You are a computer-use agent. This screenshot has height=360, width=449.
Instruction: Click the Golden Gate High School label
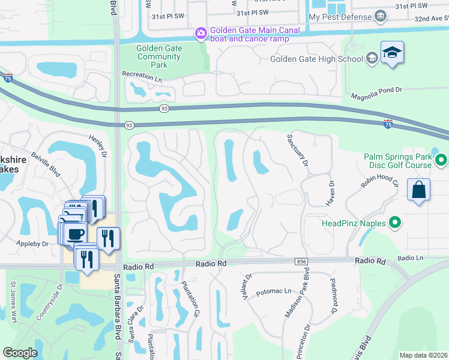(x=317, y=59)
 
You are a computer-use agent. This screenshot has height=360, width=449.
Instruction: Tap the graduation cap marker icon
(x=392, y=53)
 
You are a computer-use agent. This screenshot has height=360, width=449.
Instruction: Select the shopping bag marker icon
(x=418, y=190)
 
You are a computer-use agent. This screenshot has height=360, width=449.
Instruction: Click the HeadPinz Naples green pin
(x=395, y=223)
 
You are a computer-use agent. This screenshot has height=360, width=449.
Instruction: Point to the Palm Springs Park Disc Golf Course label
(x=398, y=161)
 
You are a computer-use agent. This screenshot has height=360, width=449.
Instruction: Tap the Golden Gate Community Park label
(x=158, y=57)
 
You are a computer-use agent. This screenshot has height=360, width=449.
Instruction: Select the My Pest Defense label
(x=339, y=17)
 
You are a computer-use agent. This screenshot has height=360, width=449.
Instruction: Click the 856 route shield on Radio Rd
(x=301, y=262)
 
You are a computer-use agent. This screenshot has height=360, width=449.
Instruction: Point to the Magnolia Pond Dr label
(x=376, y=91)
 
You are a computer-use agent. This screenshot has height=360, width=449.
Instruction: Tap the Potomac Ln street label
(x=273, y=290)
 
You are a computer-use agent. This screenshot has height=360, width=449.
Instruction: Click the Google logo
(x=20, y=353)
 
